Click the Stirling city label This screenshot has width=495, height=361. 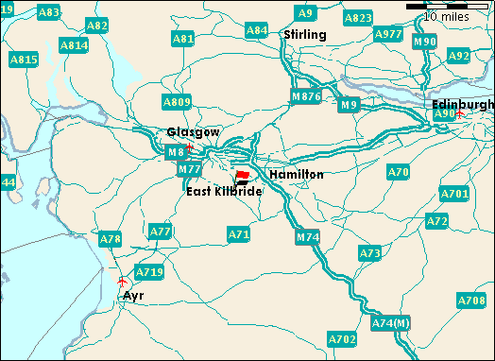click(304, 35)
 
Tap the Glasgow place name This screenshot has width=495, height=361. click(186, 132)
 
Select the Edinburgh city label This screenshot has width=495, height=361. click(462, 103)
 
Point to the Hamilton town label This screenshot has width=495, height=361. click(296, 175)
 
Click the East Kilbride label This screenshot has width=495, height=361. click(224, 192)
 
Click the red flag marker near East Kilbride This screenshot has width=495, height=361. click(243, 176)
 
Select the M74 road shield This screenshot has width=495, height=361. click(307, 237)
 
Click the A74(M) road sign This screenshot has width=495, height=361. click(390, 324)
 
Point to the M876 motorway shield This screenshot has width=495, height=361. click(306, 96)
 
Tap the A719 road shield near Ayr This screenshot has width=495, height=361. click(149, 272)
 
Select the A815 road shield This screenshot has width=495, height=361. click(24, 60)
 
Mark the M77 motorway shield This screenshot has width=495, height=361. click(190, 169)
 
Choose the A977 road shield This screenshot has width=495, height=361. click(388, 34)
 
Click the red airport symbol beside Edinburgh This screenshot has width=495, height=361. click(459, 114)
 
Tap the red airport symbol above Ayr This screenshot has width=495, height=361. click(122, 282)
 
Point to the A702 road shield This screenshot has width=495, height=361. click(342, 337)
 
